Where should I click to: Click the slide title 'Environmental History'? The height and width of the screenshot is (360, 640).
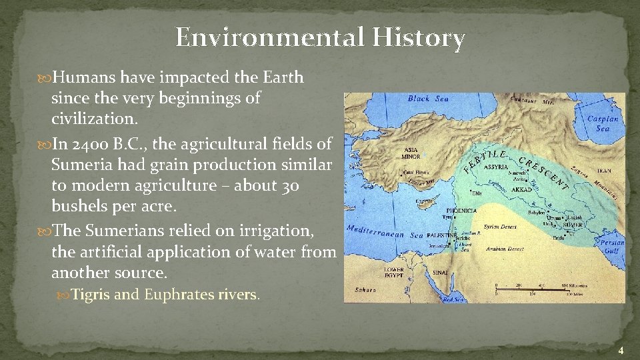tap(320, 38)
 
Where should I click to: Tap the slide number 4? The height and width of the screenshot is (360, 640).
tap(620, 351)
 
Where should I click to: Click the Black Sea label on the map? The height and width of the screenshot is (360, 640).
tap(428, 99)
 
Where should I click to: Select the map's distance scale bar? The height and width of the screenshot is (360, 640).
tap(540, 289)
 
